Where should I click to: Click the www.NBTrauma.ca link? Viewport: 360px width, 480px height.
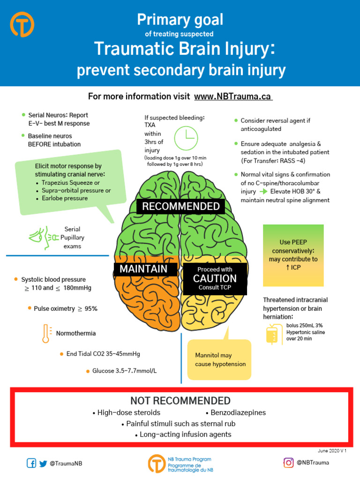pyautogui.click(x=233, y=97)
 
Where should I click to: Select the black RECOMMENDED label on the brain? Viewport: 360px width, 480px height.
pyautogui.click(x=180, y=206)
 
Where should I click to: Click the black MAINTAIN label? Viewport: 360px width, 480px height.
pyautogui.click(x=143, y=269)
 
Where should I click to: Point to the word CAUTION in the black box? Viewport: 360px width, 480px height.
pyautogui.click(x=215, y=278)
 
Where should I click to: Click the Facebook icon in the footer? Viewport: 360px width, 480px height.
pyautogui.click(x=31, y=463)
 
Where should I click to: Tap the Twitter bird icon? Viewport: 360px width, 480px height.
pyautogui.click(x=44, y=463)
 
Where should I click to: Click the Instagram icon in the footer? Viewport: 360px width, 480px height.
pyautogui.click(x=288, y=463)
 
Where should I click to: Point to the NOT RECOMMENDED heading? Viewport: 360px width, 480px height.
pyautogui.click(x=180, y=401)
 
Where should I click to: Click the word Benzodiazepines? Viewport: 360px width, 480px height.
pyautogui.click(x=238, y=412)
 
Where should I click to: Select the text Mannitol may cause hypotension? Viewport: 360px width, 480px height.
pyautogui.click(x=220, y=360)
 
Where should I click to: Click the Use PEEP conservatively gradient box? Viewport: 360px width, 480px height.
pyautogui.click(x=293, y=255)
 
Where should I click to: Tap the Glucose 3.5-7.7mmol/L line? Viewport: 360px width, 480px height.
pyautogui.click(x=124, y=371)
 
